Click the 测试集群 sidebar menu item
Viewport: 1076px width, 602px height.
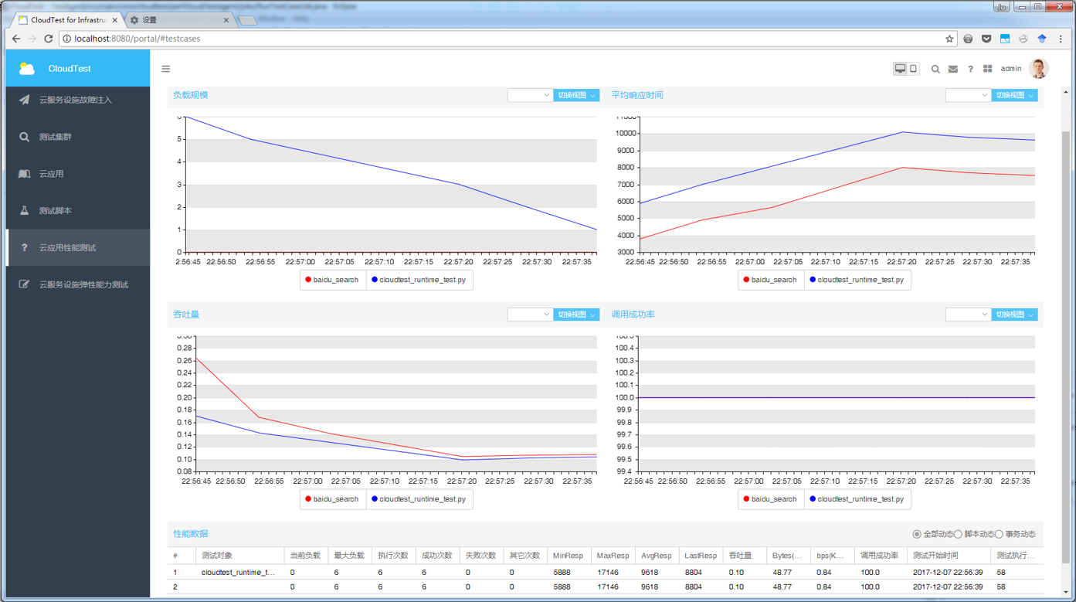tap(55, 137)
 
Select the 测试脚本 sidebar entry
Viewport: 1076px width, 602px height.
tap(55, 211)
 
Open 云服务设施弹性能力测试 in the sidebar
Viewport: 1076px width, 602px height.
tap(83, 284)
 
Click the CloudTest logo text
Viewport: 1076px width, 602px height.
tap(70, 69)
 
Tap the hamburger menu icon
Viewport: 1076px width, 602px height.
tap(165, 69)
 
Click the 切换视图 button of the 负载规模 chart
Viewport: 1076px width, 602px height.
tap(575, 95)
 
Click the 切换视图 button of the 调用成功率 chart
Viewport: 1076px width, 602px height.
tap(1013, 315)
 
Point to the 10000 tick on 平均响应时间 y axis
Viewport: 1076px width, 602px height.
tap(626, 133)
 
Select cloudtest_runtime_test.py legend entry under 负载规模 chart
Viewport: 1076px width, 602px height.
tap(421, 280)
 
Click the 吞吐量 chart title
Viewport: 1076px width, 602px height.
tap(186, 315)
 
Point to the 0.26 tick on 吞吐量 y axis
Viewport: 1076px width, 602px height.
tap(184, 361)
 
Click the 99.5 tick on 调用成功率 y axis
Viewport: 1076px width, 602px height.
tap(624, 459)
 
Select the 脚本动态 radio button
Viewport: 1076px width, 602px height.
tap(959, 534)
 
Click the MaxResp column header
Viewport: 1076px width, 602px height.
tap(613, 556)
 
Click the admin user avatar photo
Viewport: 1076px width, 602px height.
tap(1039, 69)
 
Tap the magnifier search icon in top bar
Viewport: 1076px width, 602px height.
tap(935, 70)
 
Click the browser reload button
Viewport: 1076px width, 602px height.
tap(49, 39)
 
